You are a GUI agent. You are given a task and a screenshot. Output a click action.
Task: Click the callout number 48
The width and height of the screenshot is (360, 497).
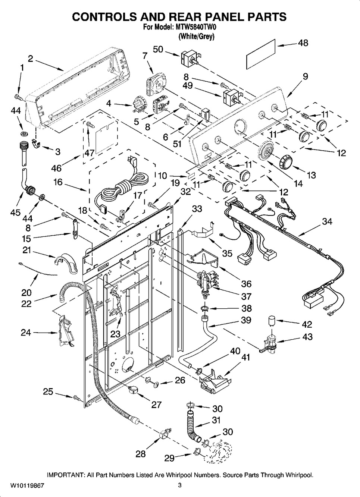pos(303,43)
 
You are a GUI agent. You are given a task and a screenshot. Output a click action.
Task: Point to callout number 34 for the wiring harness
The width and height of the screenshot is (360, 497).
pos(327,221)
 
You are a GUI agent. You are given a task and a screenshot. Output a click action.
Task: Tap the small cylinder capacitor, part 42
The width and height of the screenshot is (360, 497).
pos(274,321)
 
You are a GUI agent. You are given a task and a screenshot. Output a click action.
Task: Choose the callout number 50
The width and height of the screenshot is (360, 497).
pos(158,49)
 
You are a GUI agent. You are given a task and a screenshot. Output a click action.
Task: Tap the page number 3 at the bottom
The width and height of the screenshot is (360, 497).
pos(179,485)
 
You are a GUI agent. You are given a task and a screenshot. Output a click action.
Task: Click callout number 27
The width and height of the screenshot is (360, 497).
pos(156,405)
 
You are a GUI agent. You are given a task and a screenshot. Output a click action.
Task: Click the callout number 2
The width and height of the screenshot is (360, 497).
pos(31,58)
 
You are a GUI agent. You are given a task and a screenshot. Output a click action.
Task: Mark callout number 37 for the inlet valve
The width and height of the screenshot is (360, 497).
pos(246,296)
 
